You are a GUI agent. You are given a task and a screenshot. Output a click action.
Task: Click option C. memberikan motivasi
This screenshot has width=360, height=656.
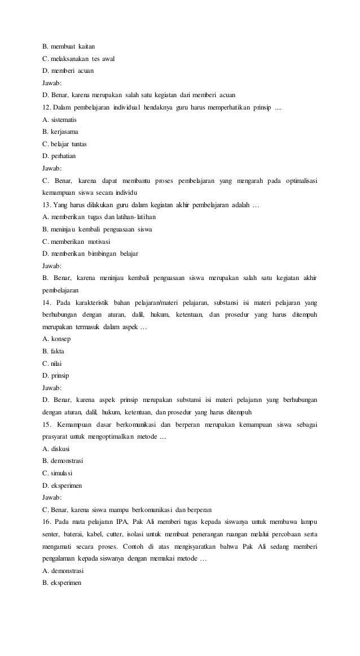(76, 241)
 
